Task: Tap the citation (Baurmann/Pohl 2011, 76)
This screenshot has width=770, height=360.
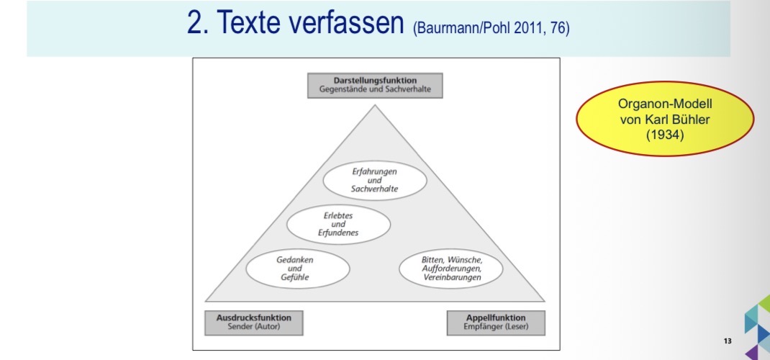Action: (491, 28)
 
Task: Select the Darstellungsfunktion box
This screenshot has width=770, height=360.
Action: (375, 86)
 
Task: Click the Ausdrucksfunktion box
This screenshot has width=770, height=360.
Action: (253, 323)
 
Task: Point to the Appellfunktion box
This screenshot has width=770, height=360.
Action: (496, 323)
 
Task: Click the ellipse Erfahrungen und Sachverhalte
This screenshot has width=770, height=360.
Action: (375, 180)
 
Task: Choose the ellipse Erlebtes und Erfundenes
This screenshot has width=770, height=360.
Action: (338, 224)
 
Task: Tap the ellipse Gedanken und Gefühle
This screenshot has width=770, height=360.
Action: (298, 269)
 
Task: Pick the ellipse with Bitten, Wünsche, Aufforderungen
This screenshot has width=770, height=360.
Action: (450, 269)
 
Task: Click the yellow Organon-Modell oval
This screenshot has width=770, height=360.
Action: (665, 119)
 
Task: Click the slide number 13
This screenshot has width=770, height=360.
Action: (728, 341)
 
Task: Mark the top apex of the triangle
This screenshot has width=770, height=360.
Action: (375, 104)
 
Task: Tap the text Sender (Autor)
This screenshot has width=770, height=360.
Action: (253, 327)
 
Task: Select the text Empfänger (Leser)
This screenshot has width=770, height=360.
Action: (496, 327)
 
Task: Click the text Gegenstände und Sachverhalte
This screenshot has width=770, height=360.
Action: (375, 90)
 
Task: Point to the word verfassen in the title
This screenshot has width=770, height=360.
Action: (350, 22)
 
